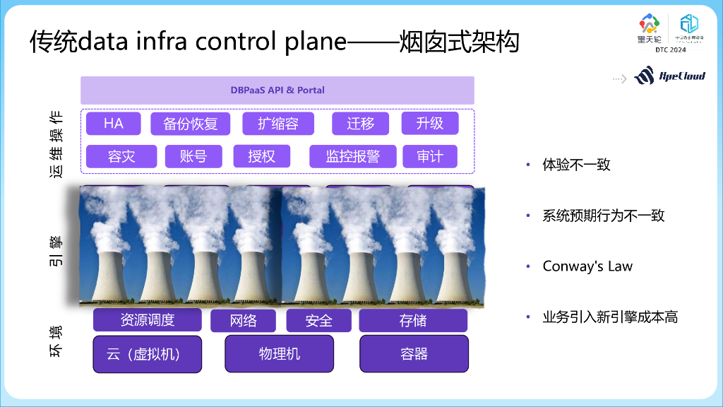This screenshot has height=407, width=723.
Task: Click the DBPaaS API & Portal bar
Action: [x=277, y=90]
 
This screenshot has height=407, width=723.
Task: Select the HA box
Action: [x=113, y=124]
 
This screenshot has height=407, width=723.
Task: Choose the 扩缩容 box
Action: [x=277, y=124]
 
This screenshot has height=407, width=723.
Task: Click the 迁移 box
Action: [x=360, y=124]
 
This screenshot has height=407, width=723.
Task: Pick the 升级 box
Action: [x=429, y=124]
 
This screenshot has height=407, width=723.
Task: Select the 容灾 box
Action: [x=121, y=156]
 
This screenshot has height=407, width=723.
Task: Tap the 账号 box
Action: [x=193, y=156]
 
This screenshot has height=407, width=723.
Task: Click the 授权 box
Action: [x=261, y=156]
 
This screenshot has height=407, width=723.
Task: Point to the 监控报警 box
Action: [x=352, y=156]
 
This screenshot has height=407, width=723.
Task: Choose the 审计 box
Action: [x=429, y=156]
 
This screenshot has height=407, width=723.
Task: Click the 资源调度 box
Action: [x=147, y=320]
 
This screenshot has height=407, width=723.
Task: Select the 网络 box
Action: [x=243, y=321]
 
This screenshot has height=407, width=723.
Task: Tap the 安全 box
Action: [x=318, y=321]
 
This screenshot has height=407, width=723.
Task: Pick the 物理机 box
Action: [x=279, y=354]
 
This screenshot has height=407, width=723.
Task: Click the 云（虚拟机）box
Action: [x=147, y=354]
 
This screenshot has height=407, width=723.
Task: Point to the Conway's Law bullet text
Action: [x=587, y=266]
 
